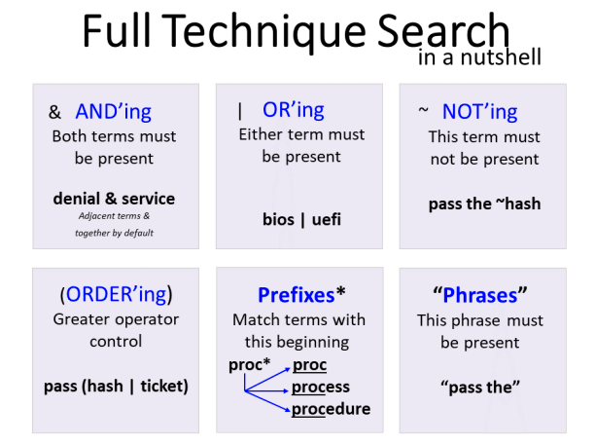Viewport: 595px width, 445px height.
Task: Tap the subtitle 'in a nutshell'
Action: point(479,57)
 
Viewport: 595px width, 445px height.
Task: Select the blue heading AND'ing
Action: point(113,112)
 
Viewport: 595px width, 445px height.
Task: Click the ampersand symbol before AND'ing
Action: point(54,112)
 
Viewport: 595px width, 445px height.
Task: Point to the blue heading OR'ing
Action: point(294,110)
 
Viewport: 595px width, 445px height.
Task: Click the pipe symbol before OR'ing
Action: point(240,111)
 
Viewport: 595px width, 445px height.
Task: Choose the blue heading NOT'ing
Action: point(479,112)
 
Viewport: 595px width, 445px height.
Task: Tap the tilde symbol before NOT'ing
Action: point(424,110)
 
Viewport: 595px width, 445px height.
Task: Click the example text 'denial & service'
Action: point(114,199)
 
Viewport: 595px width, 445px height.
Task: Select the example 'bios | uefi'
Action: point(301,220)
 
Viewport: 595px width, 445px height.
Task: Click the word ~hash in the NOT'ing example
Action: point(518,204)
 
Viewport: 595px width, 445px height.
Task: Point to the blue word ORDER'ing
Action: point(116,294)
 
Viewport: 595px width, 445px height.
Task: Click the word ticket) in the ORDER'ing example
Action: point(164,387)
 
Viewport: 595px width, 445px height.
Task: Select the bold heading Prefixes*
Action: point(301,295)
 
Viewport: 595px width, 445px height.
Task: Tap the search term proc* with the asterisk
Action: point(249,365)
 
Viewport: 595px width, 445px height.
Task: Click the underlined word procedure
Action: point(331,409)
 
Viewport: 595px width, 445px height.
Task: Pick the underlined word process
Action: point(321,388)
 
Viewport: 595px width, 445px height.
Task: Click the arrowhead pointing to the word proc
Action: point(287,369)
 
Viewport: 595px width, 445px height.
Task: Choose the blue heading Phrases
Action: point(480,295)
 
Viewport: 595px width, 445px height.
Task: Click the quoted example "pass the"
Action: point(480,388)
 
